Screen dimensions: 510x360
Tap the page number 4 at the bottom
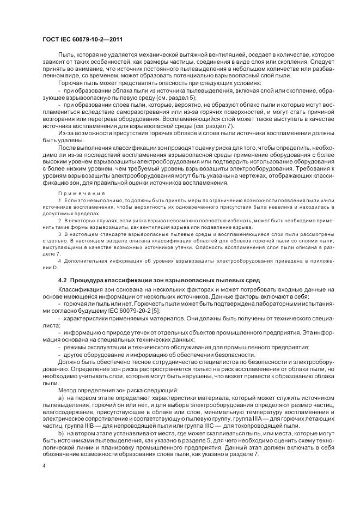click(x=43, y=467)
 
